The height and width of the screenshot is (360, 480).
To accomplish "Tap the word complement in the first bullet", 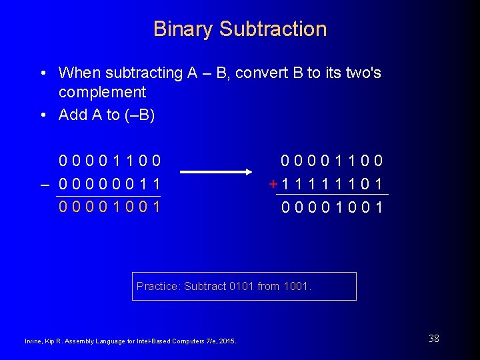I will (102, 92).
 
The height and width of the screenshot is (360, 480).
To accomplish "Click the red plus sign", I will (273, 184).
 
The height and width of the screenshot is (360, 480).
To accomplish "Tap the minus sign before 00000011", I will (46, 183).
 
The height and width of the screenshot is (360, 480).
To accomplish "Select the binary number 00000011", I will (109, 183).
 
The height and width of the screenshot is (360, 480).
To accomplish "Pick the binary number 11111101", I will (332, 184).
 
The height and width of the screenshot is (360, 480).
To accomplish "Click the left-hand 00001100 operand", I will (109, 161).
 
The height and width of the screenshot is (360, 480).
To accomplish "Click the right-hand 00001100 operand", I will (332, 161).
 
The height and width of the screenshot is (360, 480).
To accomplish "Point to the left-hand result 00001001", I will (109, 206).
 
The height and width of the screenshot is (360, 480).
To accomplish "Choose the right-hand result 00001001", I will (332, 207).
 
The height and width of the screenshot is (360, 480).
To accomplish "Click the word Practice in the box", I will (157, 287).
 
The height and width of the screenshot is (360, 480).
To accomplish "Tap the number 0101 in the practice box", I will (241, 287).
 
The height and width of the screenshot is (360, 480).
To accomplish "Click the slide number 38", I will (434, 339).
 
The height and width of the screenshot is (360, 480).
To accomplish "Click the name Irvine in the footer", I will (35, 342).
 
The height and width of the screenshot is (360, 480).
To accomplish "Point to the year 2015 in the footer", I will (227, 342).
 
